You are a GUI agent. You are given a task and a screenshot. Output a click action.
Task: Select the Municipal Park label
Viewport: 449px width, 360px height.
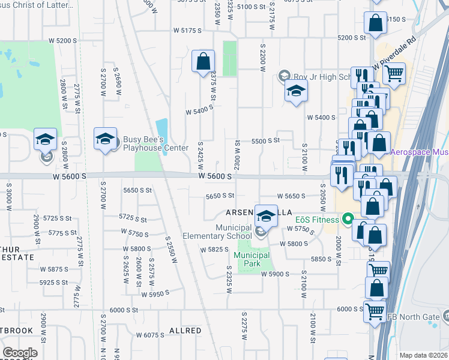pos(252,256)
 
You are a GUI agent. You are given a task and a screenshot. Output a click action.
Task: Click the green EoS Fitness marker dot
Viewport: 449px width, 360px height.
pos(346,220)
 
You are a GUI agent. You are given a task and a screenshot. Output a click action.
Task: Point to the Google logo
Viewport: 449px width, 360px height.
pos(20,353)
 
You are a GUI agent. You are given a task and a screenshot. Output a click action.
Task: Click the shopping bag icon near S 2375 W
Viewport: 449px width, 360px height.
pos(203,61)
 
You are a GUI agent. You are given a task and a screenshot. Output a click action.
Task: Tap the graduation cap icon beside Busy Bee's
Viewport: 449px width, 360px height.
pos(105,139)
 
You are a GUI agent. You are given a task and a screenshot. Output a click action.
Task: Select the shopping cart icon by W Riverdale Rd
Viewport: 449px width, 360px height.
pos(394,73)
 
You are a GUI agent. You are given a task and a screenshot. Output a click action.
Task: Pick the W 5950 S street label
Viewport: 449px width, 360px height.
pos(157,295)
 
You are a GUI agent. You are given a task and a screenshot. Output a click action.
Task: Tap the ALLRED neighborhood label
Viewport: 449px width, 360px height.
pos(185,331)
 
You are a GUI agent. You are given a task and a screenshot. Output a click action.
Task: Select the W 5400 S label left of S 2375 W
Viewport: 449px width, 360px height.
pos(200,111)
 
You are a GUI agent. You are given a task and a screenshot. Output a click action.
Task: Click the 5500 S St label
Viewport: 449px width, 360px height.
pos(266,140)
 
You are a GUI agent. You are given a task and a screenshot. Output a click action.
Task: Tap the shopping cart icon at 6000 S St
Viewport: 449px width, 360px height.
pos(375,311)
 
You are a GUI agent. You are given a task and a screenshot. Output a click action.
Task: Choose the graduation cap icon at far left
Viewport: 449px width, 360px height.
pos(45,139)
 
